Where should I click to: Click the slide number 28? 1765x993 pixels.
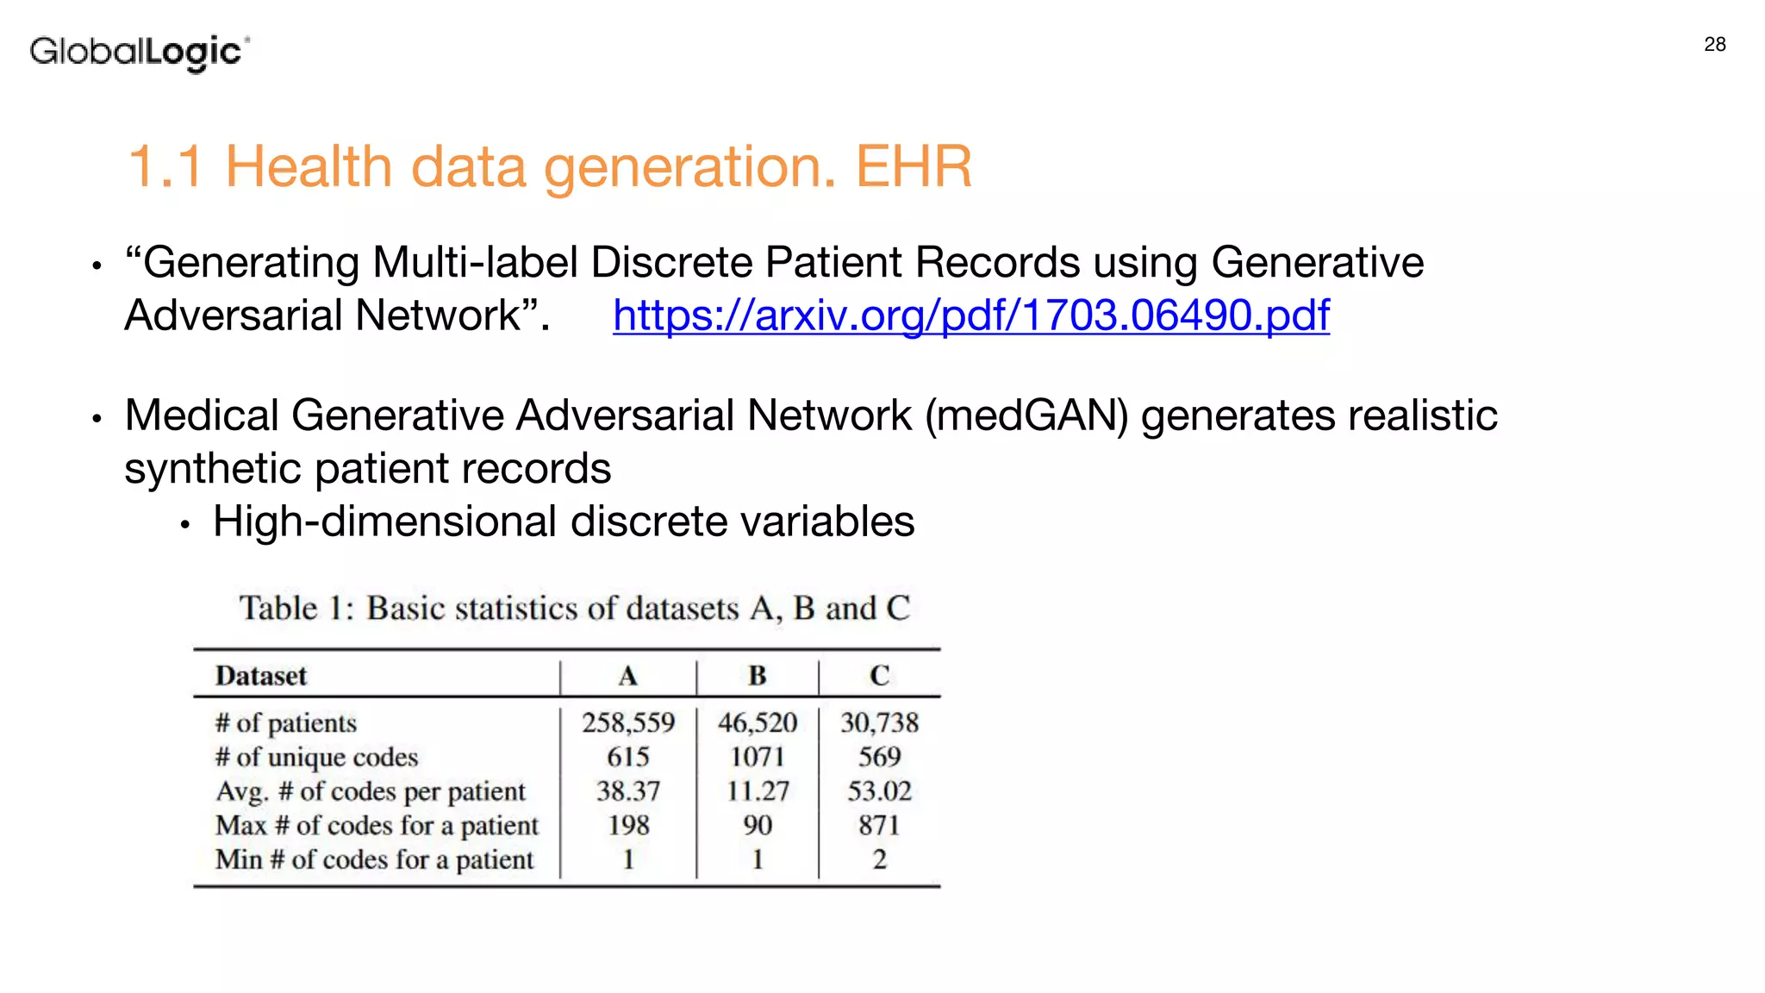point(1714,45)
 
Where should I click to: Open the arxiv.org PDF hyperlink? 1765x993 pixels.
point(970,315)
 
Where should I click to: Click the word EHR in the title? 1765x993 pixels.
point(914,166)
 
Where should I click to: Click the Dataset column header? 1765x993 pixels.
point(260,676)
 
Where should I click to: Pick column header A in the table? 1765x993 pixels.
point(627,676)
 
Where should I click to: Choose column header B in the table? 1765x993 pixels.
point(757,676)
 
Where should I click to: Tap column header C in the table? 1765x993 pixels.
point(879,676)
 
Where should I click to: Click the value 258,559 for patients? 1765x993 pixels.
point(627,722)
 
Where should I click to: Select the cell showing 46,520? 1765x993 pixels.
point(757,722)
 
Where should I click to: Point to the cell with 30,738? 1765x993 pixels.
point(879,722)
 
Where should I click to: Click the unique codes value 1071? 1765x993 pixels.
point(757,757)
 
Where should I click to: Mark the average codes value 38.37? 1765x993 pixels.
point(627,791)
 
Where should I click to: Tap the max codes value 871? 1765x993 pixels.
point(879,826)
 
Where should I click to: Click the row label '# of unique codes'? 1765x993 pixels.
point(316,757)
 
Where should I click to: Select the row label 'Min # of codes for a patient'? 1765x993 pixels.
point(374,860)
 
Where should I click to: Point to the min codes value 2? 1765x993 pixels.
point(879,860)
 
